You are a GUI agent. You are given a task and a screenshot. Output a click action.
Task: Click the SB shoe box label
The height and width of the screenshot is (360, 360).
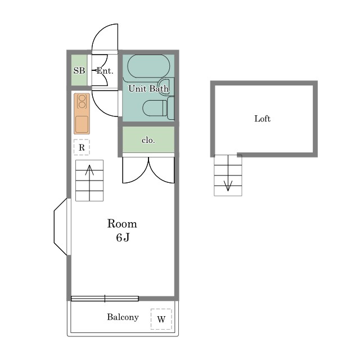(79, 70)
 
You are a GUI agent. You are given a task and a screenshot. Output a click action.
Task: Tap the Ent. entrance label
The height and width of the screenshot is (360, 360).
(105, 70)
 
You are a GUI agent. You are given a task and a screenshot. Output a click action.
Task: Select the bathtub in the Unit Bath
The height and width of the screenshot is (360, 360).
(148, 66)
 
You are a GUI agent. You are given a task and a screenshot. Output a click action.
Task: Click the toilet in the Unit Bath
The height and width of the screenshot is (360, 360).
(158, 108)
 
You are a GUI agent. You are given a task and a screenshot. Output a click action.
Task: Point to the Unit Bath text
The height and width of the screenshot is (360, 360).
(148, 88)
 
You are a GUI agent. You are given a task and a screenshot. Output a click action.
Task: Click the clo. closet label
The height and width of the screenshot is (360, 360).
(148, 140)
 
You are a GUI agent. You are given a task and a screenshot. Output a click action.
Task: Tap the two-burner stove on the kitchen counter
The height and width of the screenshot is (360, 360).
(82, 101)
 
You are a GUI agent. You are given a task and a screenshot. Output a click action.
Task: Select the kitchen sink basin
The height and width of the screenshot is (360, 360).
(82, 124)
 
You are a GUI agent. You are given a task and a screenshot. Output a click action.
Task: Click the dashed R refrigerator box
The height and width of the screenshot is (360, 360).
(82, 147)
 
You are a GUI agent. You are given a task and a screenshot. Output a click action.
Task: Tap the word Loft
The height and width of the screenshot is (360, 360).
(263, 119)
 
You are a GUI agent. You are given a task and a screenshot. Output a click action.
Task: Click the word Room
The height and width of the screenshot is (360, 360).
(122, 224)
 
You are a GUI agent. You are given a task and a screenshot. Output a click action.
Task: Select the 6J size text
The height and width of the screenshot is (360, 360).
(123, 237)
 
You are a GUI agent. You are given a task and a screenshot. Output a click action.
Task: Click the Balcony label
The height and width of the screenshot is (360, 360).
(123, 317)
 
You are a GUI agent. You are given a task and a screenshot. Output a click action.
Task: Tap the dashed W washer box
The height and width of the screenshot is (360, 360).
(161, 319)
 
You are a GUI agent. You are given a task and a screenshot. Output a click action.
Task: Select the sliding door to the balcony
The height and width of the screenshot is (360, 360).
(105, 299)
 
